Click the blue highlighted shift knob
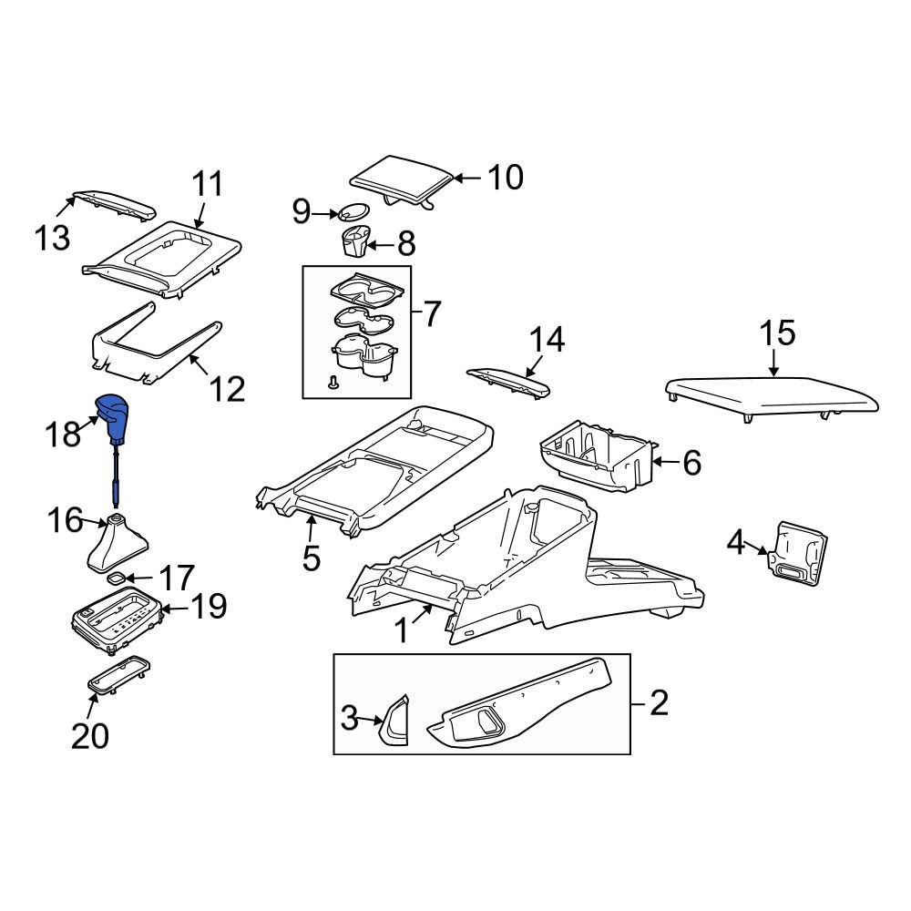(x=114, y=415)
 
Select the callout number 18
(x=64, y=434)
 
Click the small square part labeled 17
(x=117, y=577)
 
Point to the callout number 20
(x=90, y=734)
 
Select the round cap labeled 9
(x=353, y=213)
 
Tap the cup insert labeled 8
(x=356, y=243)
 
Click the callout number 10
(x=505, y=178)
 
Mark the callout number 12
(x=227, y=389)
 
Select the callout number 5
(x=312, y=557)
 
